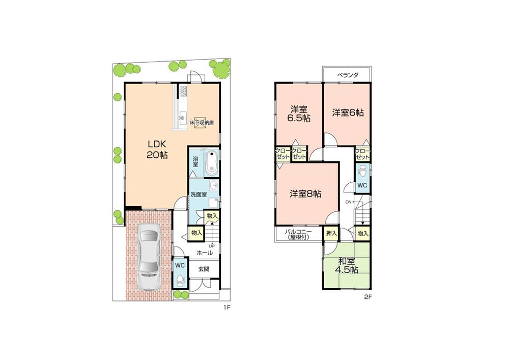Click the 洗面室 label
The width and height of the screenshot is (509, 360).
198,195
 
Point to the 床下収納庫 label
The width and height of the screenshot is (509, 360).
202,123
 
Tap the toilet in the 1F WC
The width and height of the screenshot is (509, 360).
180,279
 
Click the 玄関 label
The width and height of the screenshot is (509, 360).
204,269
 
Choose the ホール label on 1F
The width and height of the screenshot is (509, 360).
204,253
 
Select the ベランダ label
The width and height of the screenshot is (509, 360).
348,75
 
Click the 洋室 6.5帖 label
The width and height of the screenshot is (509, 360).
298,113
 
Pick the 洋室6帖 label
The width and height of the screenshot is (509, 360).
348,113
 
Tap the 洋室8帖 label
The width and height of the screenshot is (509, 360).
305,193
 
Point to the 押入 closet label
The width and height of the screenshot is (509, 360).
331,233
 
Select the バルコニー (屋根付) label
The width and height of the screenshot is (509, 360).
298,234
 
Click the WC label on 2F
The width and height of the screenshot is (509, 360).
362,185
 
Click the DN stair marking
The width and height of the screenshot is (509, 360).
349,202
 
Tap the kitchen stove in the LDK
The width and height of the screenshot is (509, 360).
184,92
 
